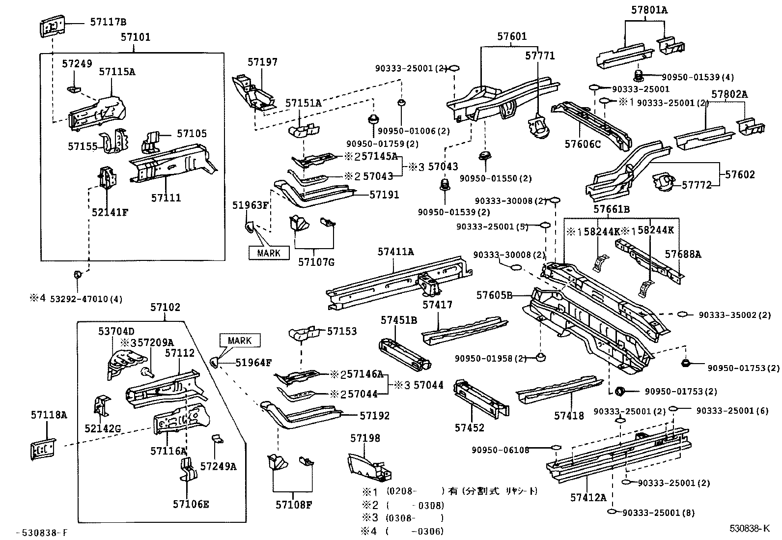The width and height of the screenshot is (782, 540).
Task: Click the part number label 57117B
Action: tap(108, 22)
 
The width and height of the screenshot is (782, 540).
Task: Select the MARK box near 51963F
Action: tap(269, 253)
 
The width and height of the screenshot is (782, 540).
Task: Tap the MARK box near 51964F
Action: tap(240, 341)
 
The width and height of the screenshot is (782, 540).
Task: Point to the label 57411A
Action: tap(395, 252)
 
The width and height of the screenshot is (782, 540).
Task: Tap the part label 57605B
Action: tap(494, 295)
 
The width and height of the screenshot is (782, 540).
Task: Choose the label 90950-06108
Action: tap(501, 450)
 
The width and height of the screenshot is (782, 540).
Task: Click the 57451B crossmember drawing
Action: tap(405, 353)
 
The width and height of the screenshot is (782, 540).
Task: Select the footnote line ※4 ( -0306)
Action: tap(403, 531)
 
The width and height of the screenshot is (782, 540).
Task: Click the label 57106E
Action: tap(191, 504)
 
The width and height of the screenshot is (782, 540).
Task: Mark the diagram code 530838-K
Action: tap(749, 529)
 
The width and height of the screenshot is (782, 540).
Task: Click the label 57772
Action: tap(696, 185)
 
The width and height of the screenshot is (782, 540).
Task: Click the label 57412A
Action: tap(588, 497)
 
